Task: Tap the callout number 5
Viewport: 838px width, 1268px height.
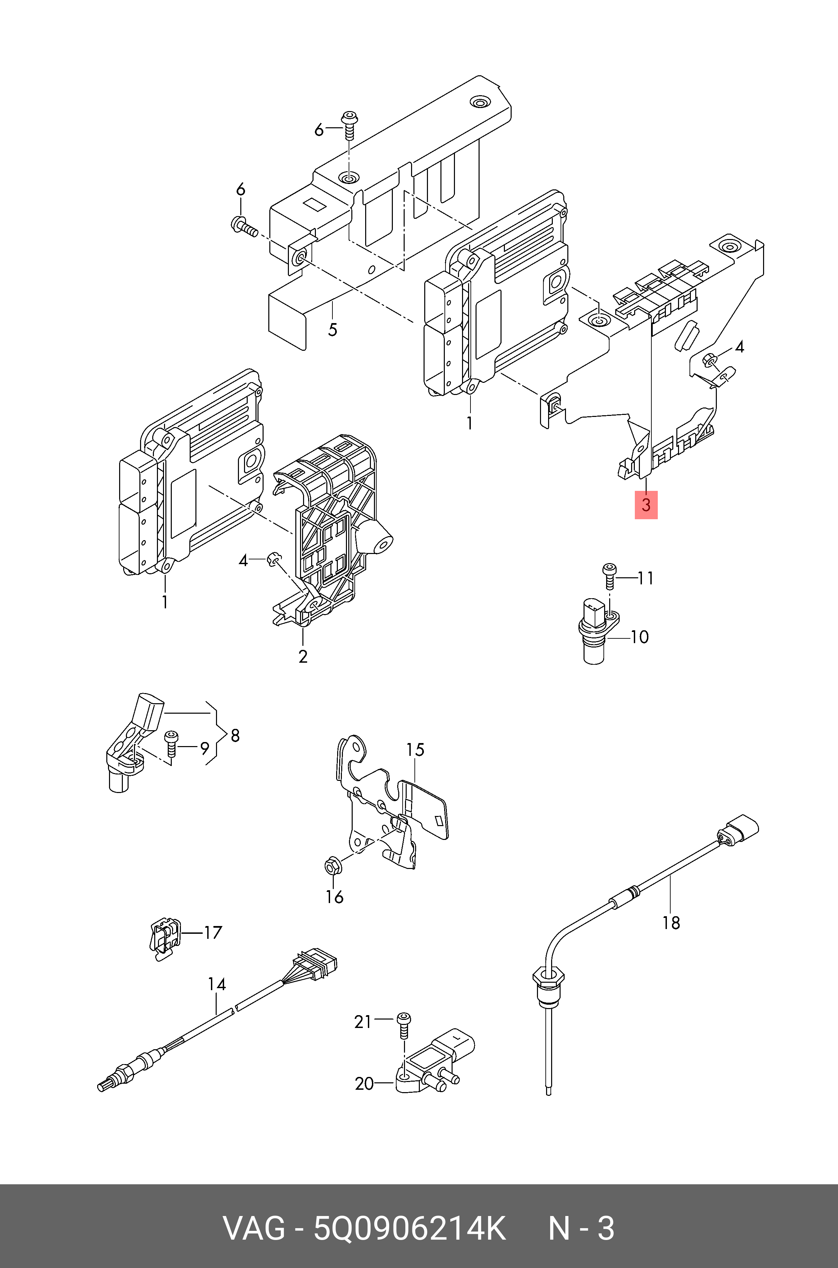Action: (332, 329)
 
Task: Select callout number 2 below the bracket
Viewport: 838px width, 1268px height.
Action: (303, 657)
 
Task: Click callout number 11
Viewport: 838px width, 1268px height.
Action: (646, 578)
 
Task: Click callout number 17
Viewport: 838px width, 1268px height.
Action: (213, 933)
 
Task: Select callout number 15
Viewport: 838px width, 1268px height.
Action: (415, 750)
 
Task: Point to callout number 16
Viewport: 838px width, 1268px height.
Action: (334, 896)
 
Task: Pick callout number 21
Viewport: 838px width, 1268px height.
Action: (363, 1022)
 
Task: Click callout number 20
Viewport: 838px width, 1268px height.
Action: (364, 1084)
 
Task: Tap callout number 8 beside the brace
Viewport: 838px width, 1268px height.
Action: (235, 736)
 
